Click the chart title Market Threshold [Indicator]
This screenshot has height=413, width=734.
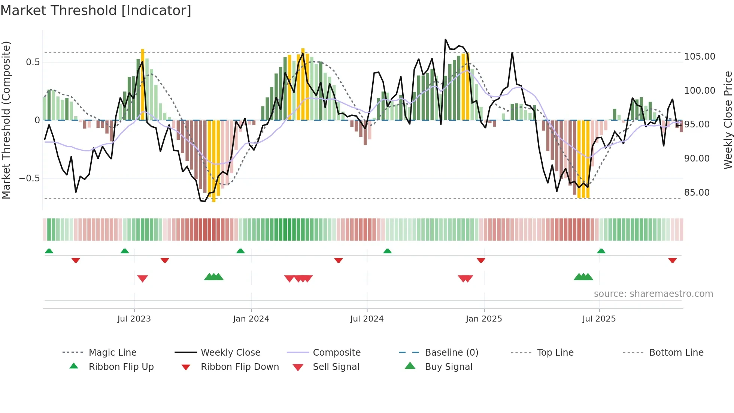96,10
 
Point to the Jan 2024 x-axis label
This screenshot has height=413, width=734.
251,319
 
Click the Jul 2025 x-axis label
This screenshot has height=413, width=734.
599,319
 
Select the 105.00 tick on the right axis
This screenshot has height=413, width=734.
700,57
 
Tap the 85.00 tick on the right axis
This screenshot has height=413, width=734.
697,193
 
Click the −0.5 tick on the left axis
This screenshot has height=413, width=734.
29,178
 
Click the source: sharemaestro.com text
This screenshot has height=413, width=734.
653,294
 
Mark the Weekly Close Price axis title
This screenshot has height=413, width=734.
728,120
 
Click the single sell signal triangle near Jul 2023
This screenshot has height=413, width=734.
143,278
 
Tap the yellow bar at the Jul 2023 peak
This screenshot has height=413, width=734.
143,84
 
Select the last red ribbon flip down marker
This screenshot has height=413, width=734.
672,260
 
